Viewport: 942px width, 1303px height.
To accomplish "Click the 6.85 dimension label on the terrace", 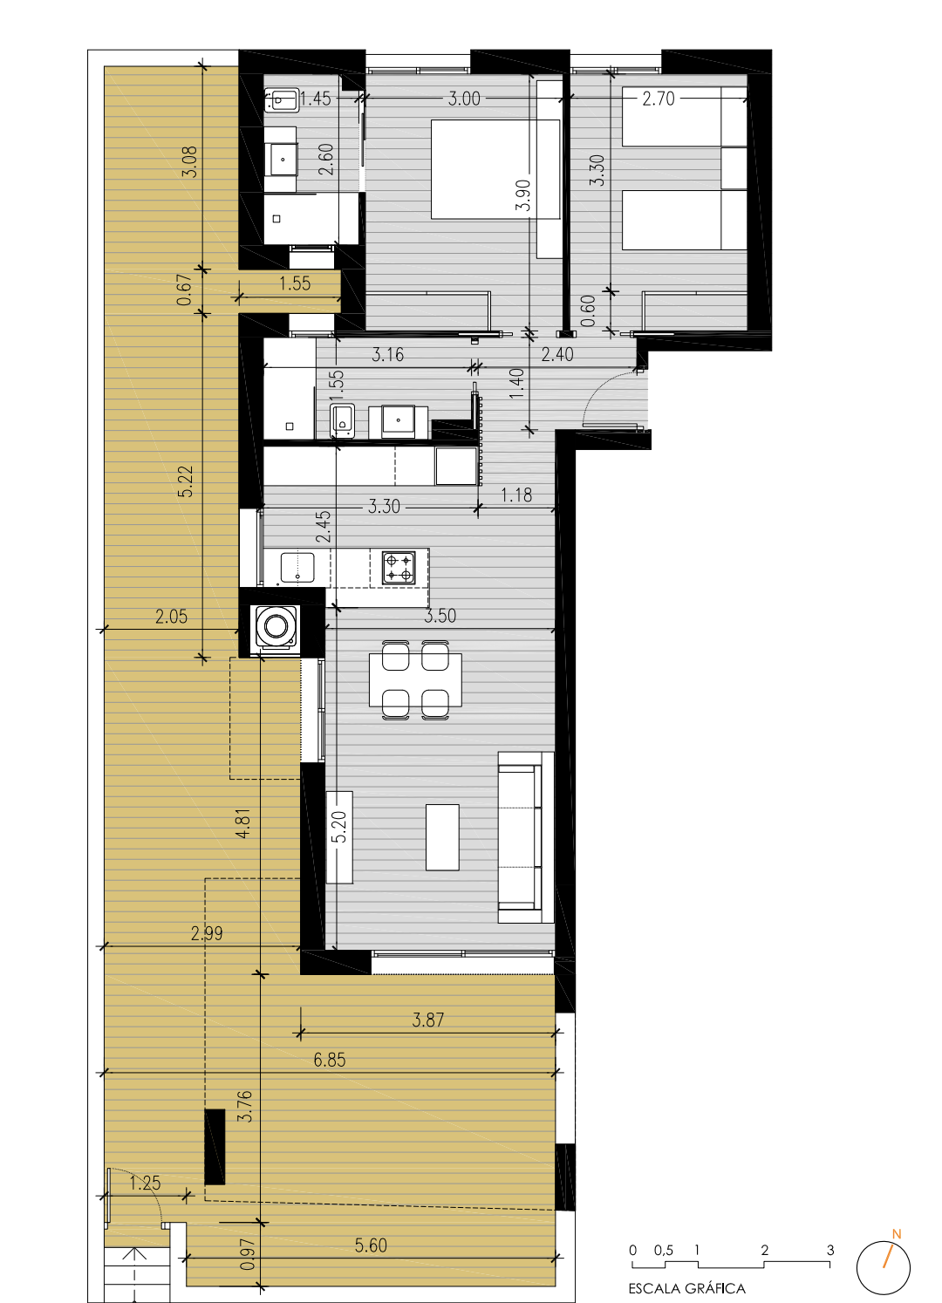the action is click(330, 1060).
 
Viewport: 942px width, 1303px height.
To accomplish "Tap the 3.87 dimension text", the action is click(427, 1020).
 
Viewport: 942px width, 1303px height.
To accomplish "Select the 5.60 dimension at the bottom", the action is click(371, 1245).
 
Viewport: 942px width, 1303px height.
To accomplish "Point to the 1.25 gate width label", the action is click(145, 1183).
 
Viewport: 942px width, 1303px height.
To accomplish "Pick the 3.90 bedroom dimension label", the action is click(523, 195).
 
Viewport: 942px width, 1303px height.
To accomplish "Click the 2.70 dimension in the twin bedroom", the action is click(659, 99).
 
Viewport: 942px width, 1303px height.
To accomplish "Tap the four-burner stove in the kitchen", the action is click(399, 568).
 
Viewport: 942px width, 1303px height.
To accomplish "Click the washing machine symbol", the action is click(276, 626).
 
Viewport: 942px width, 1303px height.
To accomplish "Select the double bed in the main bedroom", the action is click(495, 169).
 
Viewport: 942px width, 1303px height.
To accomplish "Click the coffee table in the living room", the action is click(442, 837).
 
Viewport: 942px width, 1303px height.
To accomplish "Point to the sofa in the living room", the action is click(525, 837).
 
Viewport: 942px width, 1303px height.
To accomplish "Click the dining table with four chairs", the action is click(415, 679).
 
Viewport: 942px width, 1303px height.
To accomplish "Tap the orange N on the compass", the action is click(897, 1233).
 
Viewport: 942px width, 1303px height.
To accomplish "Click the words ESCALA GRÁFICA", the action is click(686, 1288).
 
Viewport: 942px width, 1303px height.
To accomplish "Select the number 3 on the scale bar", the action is click(830, 1250).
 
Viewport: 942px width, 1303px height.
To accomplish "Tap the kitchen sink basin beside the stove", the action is click(297, 567).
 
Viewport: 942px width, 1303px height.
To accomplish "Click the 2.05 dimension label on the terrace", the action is click(171, 616).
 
